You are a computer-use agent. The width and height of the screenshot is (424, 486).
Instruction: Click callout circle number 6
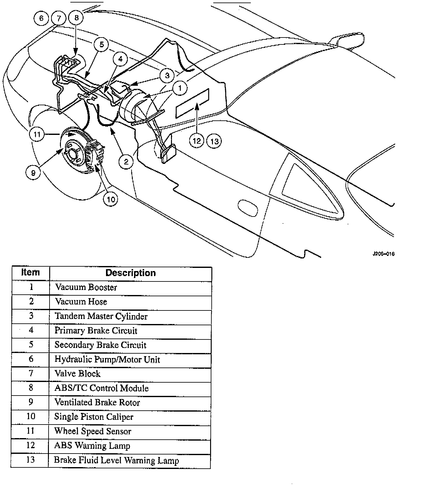pyautogui.click(x=41, y=18)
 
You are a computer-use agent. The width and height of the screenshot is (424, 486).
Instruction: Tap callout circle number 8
pyautogui.click(x=76, y=18)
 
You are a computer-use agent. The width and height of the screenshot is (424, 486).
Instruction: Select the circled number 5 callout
pyautogui.click(x=102, y=44)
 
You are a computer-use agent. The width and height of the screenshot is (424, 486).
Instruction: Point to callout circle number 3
pyautogui.click(x=167, y=75)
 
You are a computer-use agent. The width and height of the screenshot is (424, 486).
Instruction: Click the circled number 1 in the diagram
pyautogui.click(x=180, y=88)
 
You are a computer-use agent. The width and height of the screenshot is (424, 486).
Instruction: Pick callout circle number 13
pyautogui.click(x=214, y=141)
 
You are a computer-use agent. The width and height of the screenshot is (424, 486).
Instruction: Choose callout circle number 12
pyautogui.click(x=197, y=141)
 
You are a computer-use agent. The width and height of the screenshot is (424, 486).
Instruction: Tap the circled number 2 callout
pyautogui.click(x=126, y=162)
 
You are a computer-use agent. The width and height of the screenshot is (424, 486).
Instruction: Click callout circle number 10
pyautogui.click(x=110, y=199)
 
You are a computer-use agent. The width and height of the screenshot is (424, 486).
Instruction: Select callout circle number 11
pyautogui.click(x=37, y=135)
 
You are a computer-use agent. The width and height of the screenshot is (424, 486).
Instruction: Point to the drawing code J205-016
pyautogui.click(x=383, y=254)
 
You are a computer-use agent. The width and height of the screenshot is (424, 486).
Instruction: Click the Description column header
pyautogui.click(x=130, y=273)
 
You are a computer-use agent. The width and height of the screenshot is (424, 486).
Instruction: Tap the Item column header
pyautogui.click(x=31, y=273)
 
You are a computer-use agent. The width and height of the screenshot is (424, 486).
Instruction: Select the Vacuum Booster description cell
pyautogui.click(x=86, y=287)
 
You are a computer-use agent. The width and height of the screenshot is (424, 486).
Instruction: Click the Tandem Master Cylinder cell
pyautogui.click(x=101, y=316)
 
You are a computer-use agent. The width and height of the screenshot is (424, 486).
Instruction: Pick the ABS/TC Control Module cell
pyautogui.click(x=101, y=388)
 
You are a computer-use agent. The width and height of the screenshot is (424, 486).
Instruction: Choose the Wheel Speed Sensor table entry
pyautogui.click(x=93, y=431)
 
